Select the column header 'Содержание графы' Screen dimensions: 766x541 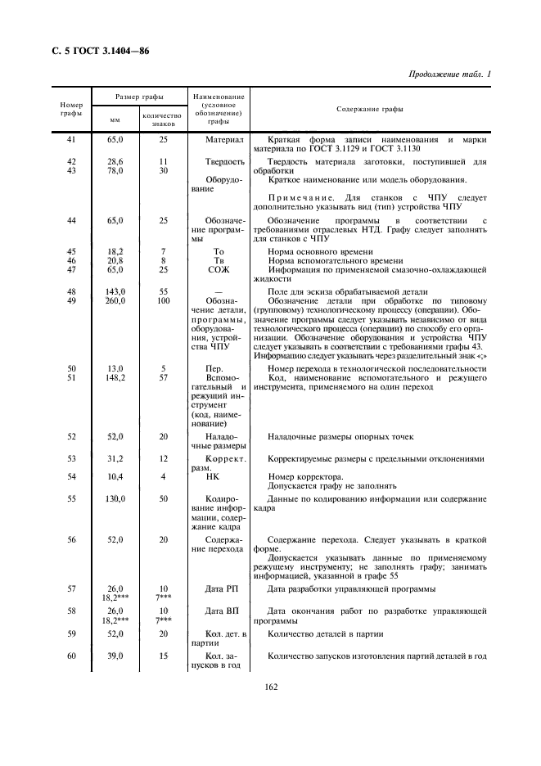pyautogui.click(x=369, y=109)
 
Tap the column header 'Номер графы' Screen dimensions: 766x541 pyautogui.click(x=71, y=109)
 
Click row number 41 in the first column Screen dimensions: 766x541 pyautogui.click(x=71, y=141)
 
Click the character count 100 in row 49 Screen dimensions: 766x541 pyautogui.click(x=163, y=301)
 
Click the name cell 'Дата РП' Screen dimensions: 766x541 pyautogui.click(x=219, y=588)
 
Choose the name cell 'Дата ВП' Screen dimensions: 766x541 pyautogui.click(x=219, y=611)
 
